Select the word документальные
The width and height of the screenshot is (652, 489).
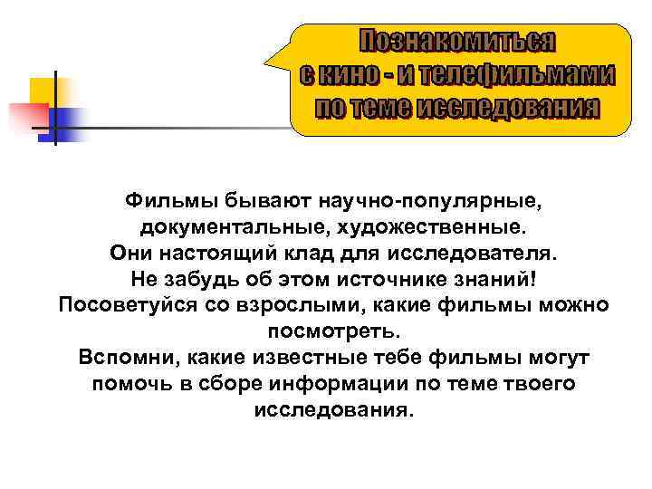pyautogui.click(x=220, y=224)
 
